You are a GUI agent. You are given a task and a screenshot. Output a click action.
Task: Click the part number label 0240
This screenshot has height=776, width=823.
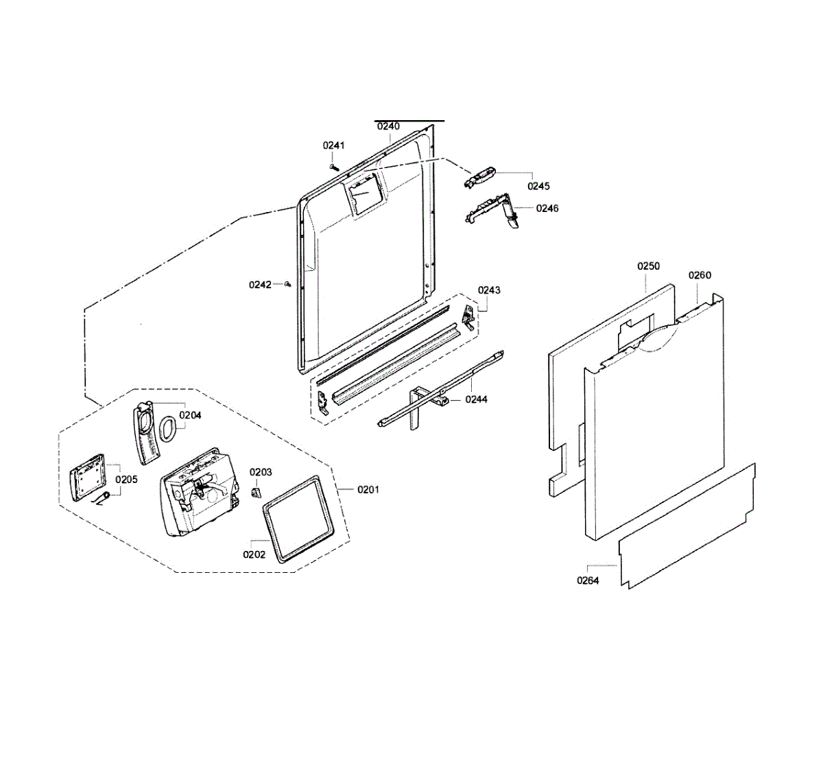click(x=388, y=126)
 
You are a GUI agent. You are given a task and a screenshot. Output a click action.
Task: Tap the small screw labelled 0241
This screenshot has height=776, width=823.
click(x=333, y=166)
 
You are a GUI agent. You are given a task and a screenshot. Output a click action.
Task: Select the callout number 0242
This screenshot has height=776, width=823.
click(x=260, y=285)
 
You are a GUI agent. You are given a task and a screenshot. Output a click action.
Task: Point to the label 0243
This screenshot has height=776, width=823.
click(x=489, y=290)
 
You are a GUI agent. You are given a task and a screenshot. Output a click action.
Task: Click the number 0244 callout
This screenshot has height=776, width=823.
click(x=476, y=399)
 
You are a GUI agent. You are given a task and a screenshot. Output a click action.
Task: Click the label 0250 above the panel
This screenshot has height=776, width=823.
click(x=648, y=266)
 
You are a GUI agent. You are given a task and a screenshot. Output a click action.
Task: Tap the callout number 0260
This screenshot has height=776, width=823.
click(x=700, y=275)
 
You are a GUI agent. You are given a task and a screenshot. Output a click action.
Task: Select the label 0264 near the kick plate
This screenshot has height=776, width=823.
click(x=588, y=580)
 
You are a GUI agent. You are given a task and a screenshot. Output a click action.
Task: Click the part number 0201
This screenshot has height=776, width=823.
click(x=368, y=489)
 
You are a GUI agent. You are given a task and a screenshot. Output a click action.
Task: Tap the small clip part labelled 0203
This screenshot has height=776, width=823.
click(x=257, y=493)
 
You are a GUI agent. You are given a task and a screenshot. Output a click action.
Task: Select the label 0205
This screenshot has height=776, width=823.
click(x=126, y=479)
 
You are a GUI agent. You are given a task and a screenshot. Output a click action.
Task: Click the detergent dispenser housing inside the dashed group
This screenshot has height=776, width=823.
click(x=198, y=491)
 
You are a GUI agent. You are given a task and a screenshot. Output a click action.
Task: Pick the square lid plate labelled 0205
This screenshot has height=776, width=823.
click(x=87, y=475)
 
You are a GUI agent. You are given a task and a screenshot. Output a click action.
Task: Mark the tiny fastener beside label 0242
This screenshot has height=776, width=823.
click(x=288, y=283)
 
